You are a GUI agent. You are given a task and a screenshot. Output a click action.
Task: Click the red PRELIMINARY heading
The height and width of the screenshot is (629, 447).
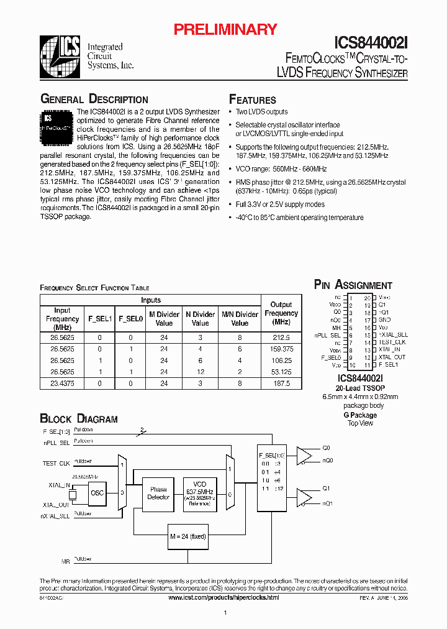pyautogui.click(x=225, y=29)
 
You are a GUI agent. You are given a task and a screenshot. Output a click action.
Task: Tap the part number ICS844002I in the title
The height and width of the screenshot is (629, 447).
pyautogui.click(x=371, y=42)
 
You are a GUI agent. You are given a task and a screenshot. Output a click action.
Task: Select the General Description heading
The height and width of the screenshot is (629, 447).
pyautogui.click(x=94, y=99)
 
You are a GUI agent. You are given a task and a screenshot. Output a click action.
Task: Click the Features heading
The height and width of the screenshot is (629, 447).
pyautogui.click(x=253, y=100)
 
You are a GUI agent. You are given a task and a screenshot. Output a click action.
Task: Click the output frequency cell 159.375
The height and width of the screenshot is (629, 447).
pyautogui.click(x=281, y=349)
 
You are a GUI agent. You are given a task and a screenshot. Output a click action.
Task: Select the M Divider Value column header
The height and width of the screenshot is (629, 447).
pyautogui.click(x=164, y=319)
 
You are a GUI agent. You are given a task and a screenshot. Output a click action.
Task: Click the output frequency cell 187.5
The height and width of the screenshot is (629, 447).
pyautogui.click(x=281, y=384)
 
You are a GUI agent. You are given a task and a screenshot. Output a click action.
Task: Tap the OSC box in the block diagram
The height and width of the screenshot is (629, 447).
pyautogui.click(x=97, y=493)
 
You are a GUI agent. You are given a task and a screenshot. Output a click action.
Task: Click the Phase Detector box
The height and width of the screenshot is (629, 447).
pyautogui.click(x=158, y=494)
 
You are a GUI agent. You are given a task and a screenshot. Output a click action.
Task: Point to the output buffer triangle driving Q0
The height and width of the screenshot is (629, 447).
pyautogui.click(x=304, y=456)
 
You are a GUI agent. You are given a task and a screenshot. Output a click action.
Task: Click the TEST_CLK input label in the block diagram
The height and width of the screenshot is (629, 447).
pyautogui.click(x=56, y=464)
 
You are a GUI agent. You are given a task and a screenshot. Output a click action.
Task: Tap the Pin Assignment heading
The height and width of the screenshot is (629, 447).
pyautogui.click(x=353, y=285)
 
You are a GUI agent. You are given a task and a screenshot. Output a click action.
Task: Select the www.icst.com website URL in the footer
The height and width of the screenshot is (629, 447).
pyautogui.click(x=223, y=597)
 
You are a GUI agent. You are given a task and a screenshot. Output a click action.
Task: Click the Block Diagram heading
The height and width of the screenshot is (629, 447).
pyautogui.click(x=78, y=419)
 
